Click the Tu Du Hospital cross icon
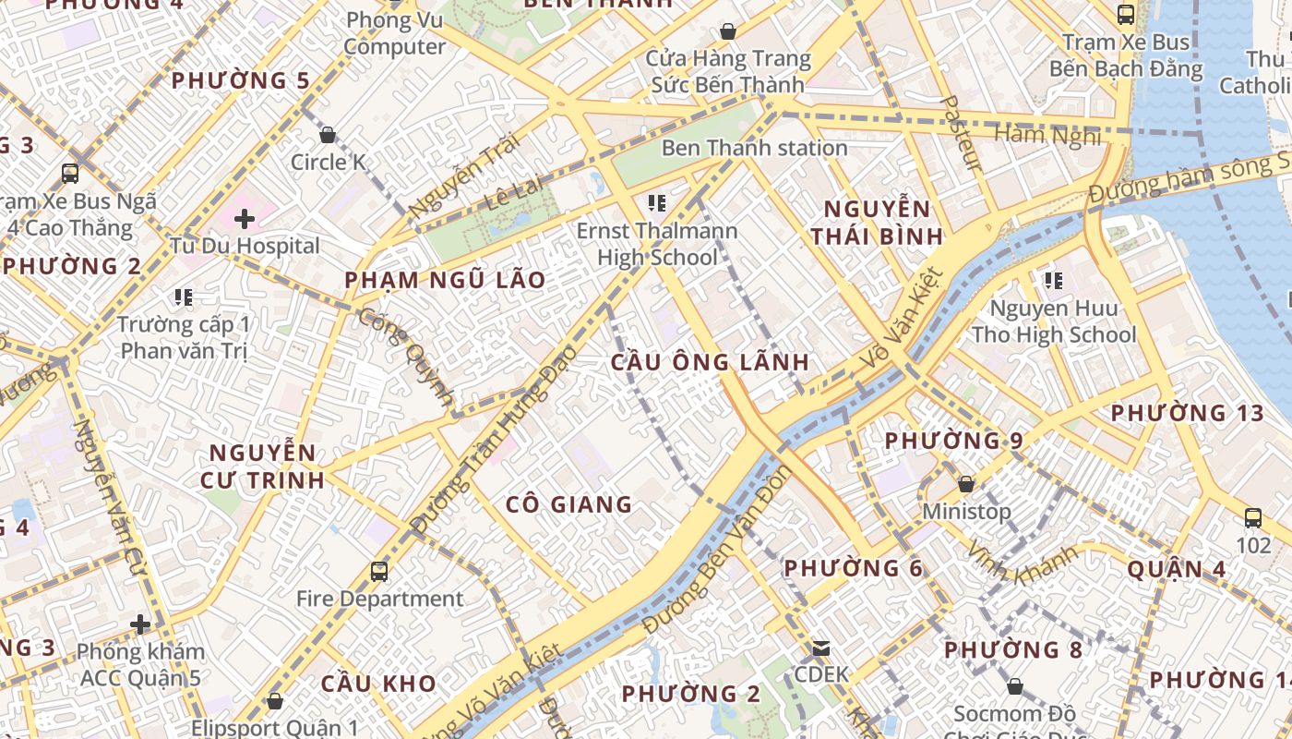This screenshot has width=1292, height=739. pyautogui.click(x=244, y=219)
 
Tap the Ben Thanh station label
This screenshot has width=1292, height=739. pyautogui.click(x=754, y=148)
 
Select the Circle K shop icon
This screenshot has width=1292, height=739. pyautogui.click(x=328, y=135)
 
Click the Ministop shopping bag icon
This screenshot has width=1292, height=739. pyautogui.click(x=966, y=483)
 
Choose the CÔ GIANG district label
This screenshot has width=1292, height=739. pyautogui.click(x=568, y=504)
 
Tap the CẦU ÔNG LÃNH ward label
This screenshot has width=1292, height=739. pyautogui.click(x=710, y=362)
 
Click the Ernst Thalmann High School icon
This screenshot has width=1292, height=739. pyautogui.click(x=657, y=202)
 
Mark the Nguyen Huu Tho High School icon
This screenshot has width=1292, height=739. pyautogui.click(x=1053, y=280)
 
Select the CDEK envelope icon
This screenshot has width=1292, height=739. pyautogui.click(x=820, y=648)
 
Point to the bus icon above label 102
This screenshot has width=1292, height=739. pyautogui.click(x=1252, y=517)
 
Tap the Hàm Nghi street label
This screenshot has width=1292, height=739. pyautogui.click(x=1047, y=136)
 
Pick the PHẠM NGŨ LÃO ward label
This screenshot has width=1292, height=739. pyautogui.click(x=445, y=280)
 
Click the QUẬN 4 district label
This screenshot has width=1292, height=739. pyautogui.click(x=1177, y=569)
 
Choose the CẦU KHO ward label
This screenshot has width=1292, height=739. pyautogui.click(x=378, y=684)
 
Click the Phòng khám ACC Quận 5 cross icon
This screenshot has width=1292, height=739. pyautogui.click(x=140, y=625)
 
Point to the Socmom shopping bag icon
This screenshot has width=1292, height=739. pyautogui.click(x=1014, y=686)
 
